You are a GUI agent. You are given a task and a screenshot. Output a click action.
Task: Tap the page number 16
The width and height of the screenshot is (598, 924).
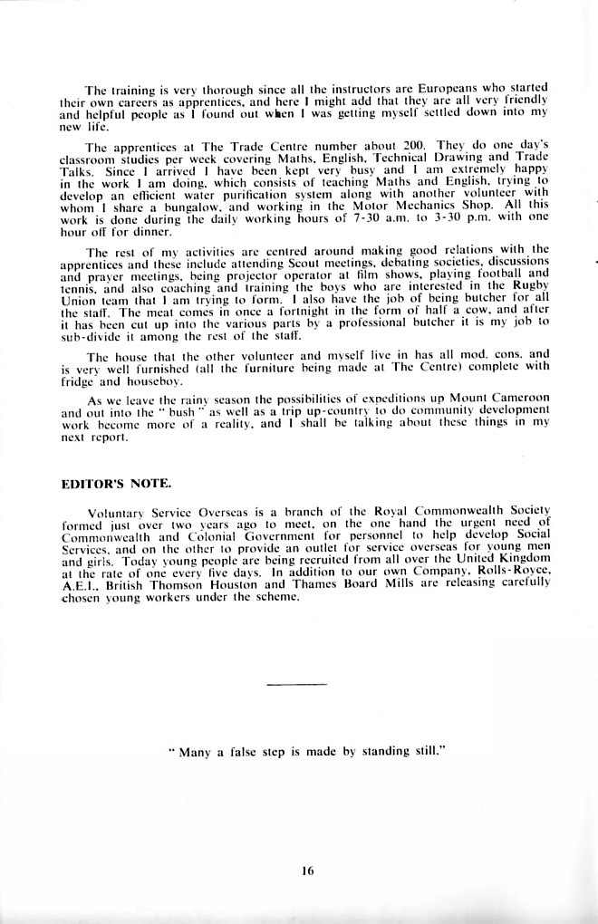coord(307,871)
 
